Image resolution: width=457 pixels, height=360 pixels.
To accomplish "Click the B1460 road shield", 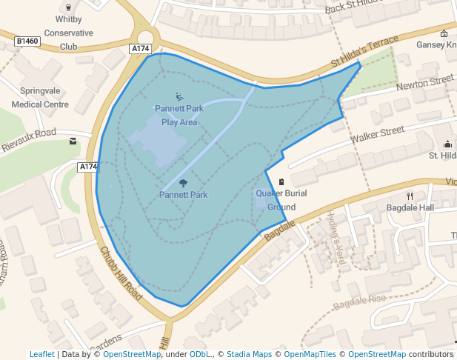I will tap(27, 41).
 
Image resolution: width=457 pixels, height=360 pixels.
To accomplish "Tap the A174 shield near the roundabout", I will tap(140, 49).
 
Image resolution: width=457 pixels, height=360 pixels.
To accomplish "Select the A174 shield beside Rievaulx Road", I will tap(88, 167).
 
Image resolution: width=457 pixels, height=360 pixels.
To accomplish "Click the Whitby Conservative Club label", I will tap(69, 33).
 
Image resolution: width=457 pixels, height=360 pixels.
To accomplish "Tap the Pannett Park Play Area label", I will tap(179, 115).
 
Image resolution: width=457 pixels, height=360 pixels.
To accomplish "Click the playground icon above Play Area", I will tap(179, 96).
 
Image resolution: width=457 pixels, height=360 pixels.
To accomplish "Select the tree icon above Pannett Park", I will tap(183, 182).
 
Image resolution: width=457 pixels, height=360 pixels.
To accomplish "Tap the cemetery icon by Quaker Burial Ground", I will tap(281, 182).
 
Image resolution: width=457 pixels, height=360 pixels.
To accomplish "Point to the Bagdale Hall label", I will tap(410, 208).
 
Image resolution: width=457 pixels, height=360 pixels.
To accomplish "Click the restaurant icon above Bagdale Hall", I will tap(410, 196).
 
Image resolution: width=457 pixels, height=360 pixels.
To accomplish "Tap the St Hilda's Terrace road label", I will tap(359, 55).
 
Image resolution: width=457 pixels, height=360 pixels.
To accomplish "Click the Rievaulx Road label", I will tap(27, 141).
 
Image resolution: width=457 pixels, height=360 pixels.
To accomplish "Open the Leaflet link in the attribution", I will tap(41, 354).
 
